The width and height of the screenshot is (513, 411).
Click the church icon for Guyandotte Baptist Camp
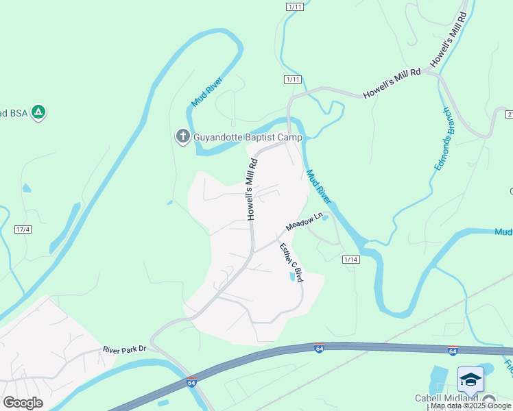tap(182, 136)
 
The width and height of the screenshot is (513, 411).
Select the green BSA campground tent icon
tap(39, 112)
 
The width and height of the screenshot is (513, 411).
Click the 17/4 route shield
tap(23, 229)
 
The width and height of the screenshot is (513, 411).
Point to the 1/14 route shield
tap(351, 259)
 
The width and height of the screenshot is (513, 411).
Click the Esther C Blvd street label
tap(291, 263)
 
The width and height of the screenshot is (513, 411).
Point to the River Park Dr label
tap(125, 349)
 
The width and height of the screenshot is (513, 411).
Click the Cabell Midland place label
tap(446, 398)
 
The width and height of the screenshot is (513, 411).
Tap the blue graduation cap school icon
tap(471, 379)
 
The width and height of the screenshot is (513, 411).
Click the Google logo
tap(23, 403)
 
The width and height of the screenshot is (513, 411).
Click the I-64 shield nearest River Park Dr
tap(192, 382)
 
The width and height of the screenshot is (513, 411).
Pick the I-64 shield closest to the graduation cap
tap(453, 351)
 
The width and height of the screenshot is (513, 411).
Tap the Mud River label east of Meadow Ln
tap(319, 187)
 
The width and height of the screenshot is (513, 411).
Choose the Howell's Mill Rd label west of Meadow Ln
tap(252, 189)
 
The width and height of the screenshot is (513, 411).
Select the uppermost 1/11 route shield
tap(295, 6)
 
